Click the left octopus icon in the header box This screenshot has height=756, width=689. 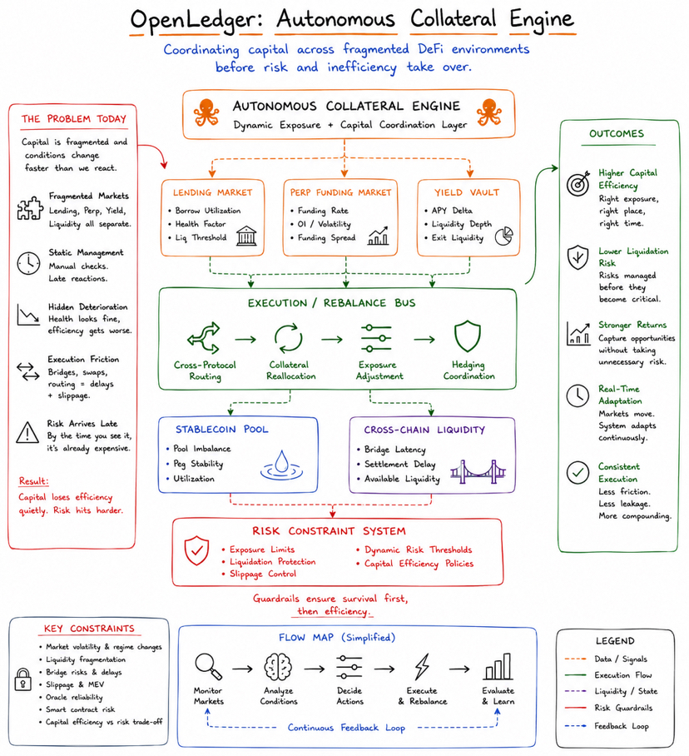[206, 112]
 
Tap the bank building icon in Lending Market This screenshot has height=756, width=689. [246, 236]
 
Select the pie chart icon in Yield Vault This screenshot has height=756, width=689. [504, 236]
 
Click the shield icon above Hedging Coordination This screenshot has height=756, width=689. [468, 336]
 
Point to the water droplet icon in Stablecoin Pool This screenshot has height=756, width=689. [281, 465]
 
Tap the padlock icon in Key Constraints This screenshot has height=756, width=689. [22, 679]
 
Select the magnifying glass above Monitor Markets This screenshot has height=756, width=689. [208, 666]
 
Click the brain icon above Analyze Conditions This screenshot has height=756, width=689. [278, 667]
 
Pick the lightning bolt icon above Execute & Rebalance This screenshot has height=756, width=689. [422, 667]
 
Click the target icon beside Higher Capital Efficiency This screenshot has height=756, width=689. [578, 183]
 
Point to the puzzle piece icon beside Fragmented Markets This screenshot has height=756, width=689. [30, 208]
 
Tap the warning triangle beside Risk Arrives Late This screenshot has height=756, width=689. [27, 432]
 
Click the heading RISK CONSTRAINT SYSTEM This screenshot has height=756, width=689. [329, 531]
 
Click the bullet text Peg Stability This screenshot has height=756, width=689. [198, 464]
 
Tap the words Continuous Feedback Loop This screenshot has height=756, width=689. [346, 728]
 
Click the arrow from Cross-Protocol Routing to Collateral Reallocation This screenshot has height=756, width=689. [245, 340]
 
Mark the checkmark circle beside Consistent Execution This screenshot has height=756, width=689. [577, 473]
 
